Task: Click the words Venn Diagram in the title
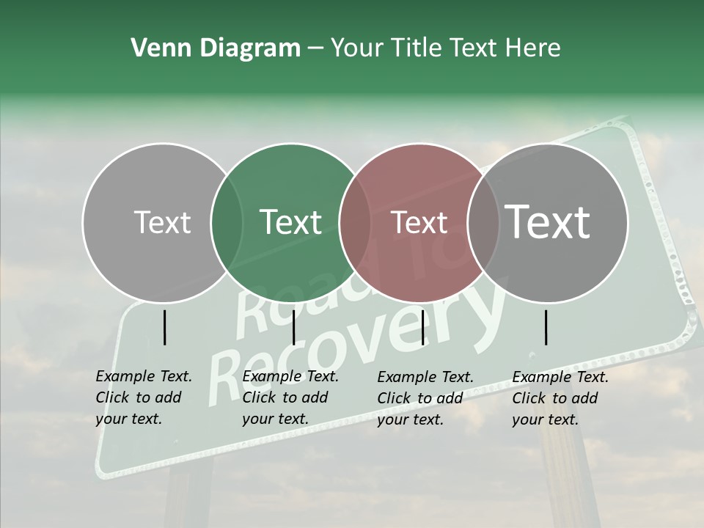[x=216, y=48]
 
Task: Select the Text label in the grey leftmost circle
[x=162, y=222]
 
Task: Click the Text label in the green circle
[x=290, y=222]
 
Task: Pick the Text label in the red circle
[x=419, y=222]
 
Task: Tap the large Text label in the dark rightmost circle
[x=547, y=221]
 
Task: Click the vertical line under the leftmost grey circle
[x=165, y=327]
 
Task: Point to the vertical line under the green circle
[x=293, y=327]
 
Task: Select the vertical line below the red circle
[x=422, y=327]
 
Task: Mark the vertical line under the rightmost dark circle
[x=546, y=327]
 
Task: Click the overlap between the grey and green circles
[x=227, y=223]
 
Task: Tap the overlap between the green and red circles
[x=355, y=223]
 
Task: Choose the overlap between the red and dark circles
[x=483, y=223]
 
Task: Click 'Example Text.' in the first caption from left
[x=144, y=376]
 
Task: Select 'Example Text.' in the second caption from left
[x=290, y=376]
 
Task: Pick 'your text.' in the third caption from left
[x=411, y=419]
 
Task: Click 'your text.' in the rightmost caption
[x=546, y=419]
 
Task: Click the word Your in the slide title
[x=356, y=48]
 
